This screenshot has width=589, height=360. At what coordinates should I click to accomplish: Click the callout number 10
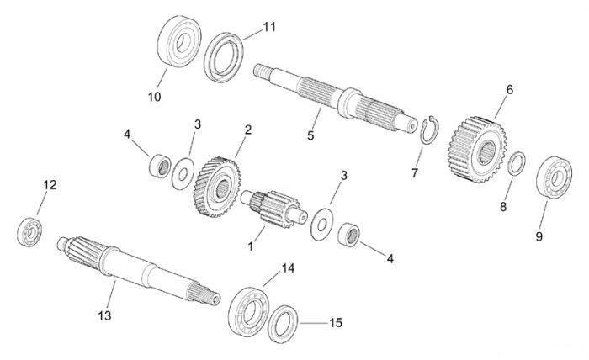point(154,97)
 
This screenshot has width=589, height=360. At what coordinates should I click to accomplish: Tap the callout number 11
point(269,27)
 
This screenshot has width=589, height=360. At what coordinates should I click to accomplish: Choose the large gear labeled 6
point(477,149)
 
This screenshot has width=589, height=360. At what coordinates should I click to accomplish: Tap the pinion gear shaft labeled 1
point(274,209)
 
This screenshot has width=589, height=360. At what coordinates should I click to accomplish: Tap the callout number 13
point(105,315)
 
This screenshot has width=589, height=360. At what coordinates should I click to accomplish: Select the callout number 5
point(310,135)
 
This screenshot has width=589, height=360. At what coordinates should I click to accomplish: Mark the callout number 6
point(509,90)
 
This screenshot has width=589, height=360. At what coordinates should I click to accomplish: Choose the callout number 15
point(336,322)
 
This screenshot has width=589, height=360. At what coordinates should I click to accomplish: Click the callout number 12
point(50,185)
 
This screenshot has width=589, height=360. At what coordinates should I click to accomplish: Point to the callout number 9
point(539,236)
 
